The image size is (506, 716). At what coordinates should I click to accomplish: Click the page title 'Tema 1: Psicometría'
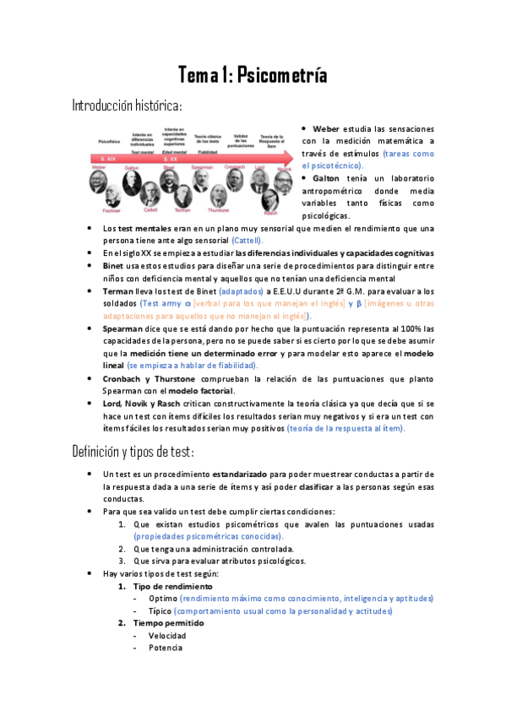point(253,75)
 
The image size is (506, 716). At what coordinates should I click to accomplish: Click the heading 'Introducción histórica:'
point(127,106)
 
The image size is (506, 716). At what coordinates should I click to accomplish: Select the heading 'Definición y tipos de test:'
point(134,451)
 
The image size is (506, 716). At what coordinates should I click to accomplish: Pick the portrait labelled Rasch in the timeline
point(270,202)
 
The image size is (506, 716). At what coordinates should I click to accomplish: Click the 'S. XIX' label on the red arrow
point(107,158)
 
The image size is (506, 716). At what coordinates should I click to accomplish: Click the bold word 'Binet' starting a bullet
point(114,265)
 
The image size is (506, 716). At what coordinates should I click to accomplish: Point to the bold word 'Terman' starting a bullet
point(119,290)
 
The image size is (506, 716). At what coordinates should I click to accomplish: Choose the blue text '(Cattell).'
point(253,241)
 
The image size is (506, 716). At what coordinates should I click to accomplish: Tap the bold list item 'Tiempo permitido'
point(168,623)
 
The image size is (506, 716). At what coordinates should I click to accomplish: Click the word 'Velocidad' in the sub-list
point(167,636)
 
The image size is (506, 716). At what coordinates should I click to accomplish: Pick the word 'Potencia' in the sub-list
point(166,648)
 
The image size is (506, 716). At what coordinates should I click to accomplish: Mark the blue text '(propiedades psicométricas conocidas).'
point(209,536)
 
